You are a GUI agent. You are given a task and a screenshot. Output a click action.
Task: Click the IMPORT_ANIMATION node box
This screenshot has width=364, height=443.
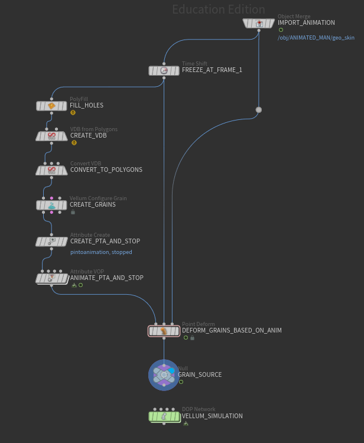[259, 23]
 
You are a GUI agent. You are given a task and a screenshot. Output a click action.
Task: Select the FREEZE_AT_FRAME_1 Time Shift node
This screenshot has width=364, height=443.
[164, 70]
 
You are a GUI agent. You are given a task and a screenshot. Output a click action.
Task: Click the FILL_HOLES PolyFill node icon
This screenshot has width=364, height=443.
[51, 106]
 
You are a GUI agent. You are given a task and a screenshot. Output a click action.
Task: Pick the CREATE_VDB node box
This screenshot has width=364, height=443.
[51, 136]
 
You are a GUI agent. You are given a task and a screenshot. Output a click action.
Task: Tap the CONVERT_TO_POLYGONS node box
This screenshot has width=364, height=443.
[51, 170]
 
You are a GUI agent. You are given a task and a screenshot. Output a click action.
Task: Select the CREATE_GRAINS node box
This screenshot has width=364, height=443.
[51, 205]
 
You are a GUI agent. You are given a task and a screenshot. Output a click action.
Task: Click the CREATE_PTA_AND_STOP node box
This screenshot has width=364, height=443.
[51, 241]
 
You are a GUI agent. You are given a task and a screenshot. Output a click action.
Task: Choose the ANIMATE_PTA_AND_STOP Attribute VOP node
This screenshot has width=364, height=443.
[51, 278]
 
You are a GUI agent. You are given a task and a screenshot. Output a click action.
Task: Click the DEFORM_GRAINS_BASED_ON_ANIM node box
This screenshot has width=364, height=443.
[164, 331]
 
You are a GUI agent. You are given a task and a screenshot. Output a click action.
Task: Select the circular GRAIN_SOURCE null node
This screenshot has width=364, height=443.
[164, 374]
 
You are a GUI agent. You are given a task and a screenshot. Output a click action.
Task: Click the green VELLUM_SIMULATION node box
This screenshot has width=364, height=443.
[164, 416]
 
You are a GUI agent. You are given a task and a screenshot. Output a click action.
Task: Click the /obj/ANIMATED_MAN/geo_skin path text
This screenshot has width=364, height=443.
[316, 38]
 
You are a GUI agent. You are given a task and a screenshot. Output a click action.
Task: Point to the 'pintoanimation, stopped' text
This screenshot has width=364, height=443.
[101, 252]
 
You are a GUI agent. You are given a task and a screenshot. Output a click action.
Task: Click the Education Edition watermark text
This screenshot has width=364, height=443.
[219, 9]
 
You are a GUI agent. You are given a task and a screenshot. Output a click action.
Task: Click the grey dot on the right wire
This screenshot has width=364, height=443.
[258, 110]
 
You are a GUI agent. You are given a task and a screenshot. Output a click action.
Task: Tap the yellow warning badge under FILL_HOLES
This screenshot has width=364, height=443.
[73, 112]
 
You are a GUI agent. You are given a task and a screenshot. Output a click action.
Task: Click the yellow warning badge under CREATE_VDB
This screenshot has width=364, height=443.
[74, 142]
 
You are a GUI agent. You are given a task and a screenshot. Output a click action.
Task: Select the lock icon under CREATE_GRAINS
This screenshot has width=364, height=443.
[73, 211]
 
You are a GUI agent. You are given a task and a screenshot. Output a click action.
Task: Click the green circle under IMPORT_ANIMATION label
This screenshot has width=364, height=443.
[281, 30]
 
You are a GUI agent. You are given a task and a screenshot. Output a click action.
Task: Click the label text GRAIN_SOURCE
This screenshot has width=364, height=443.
[200, 375]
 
